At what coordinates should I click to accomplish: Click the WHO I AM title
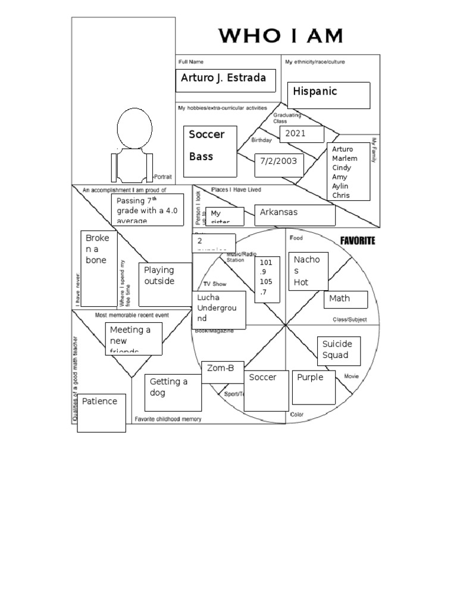coord(280,36)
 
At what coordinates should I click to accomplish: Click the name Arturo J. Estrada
coord(220,79)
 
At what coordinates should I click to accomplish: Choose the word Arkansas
coord(278,212)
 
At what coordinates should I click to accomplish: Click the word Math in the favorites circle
coord(340,298)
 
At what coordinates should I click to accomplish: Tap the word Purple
coord(310,378)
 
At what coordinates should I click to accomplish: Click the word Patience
coord(99,402)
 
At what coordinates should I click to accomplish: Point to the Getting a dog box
coord(168,388)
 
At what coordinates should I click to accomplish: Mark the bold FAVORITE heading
coord(357,241)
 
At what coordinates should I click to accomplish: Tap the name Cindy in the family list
coord(342,167)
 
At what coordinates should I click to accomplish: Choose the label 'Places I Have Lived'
coord(236,189)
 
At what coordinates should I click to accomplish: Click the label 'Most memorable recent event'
coord(132,315)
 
